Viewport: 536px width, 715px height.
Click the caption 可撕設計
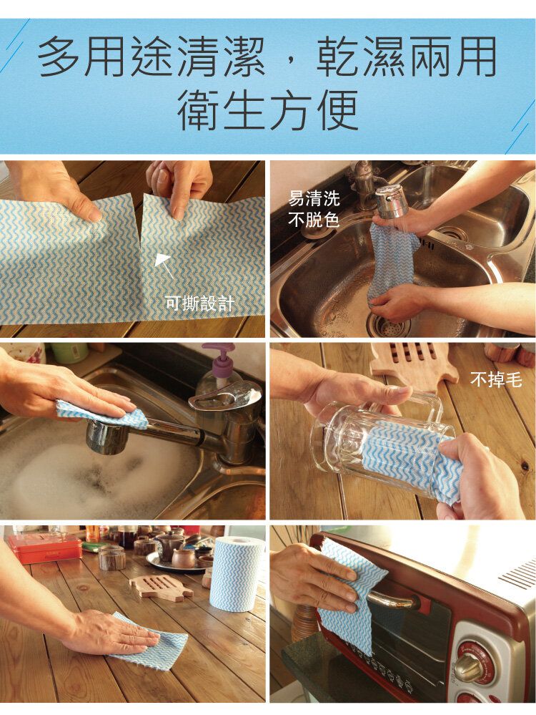pyautogui.click(x=199, y=302)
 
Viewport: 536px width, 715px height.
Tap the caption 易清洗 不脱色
pyautogui.click(x=314, y=209)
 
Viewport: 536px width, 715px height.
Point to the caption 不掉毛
pyautogui.click(x=496, y=379)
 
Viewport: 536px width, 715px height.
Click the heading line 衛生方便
pyautogui.click(x=268, y=110)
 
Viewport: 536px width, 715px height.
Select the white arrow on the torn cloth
pyautogui.click(x=164, y=266)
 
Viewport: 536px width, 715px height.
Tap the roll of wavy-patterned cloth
pyautogui.click(x=237, y=573)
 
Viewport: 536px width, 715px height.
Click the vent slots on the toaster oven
pyautogui.click(x=518, y=573)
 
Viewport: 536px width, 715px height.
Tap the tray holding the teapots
pyautogui.click(x=179, y=564)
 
